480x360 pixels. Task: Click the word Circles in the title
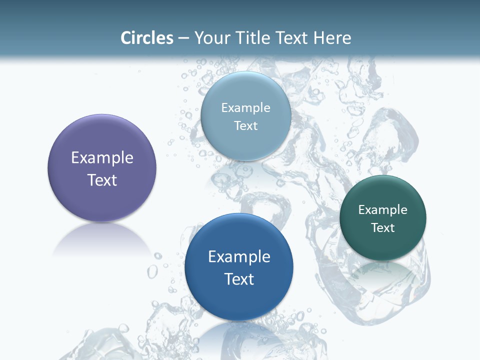tap(146, 38)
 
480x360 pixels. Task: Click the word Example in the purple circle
tap(102, 158)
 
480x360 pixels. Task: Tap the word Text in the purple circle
tap(102, 180)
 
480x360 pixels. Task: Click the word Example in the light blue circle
tap(245, 107)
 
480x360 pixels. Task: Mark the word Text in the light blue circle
tap(245, 125)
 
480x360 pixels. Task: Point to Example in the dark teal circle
tap(383, 209)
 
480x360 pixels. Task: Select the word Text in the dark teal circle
tap(383, 227)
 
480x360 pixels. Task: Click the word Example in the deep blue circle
tap(239, 257)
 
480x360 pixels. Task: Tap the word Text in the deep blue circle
tap(239, 279)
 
